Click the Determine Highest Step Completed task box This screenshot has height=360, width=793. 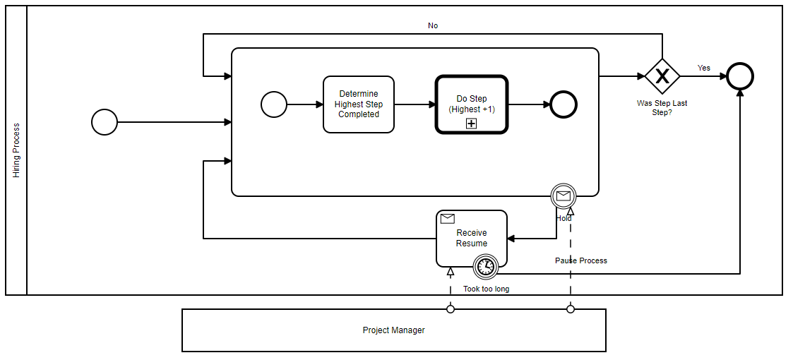(358, 104)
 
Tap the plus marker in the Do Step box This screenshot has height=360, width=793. (471, 124)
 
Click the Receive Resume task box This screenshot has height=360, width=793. (471, 239)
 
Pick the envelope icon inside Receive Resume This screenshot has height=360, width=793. (447, 219)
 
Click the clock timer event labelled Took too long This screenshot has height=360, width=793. (486, 266)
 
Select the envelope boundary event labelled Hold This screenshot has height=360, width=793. (564, 196)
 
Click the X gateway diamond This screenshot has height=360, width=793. (662, 76)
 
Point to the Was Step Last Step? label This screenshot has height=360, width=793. (662, 107)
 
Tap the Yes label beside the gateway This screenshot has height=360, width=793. (704, 68)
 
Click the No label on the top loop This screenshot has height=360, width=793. (433, 25)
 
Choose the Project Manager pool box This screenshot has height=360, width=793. (393, 330)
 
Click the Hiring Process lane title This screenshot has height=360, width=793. (16, 150)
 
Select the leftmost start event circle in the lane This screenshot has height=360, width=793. (105, 122)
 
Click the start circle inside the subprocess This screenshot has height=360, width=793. (274, 104)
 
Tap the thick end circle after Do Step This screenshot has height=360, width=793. (564, 104)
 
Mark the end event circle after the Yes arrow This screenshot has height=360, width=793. (740, 76)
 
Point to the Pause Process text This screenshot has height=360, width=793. (580, 260)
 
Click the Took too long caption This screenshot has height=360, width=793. (486, 289)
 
